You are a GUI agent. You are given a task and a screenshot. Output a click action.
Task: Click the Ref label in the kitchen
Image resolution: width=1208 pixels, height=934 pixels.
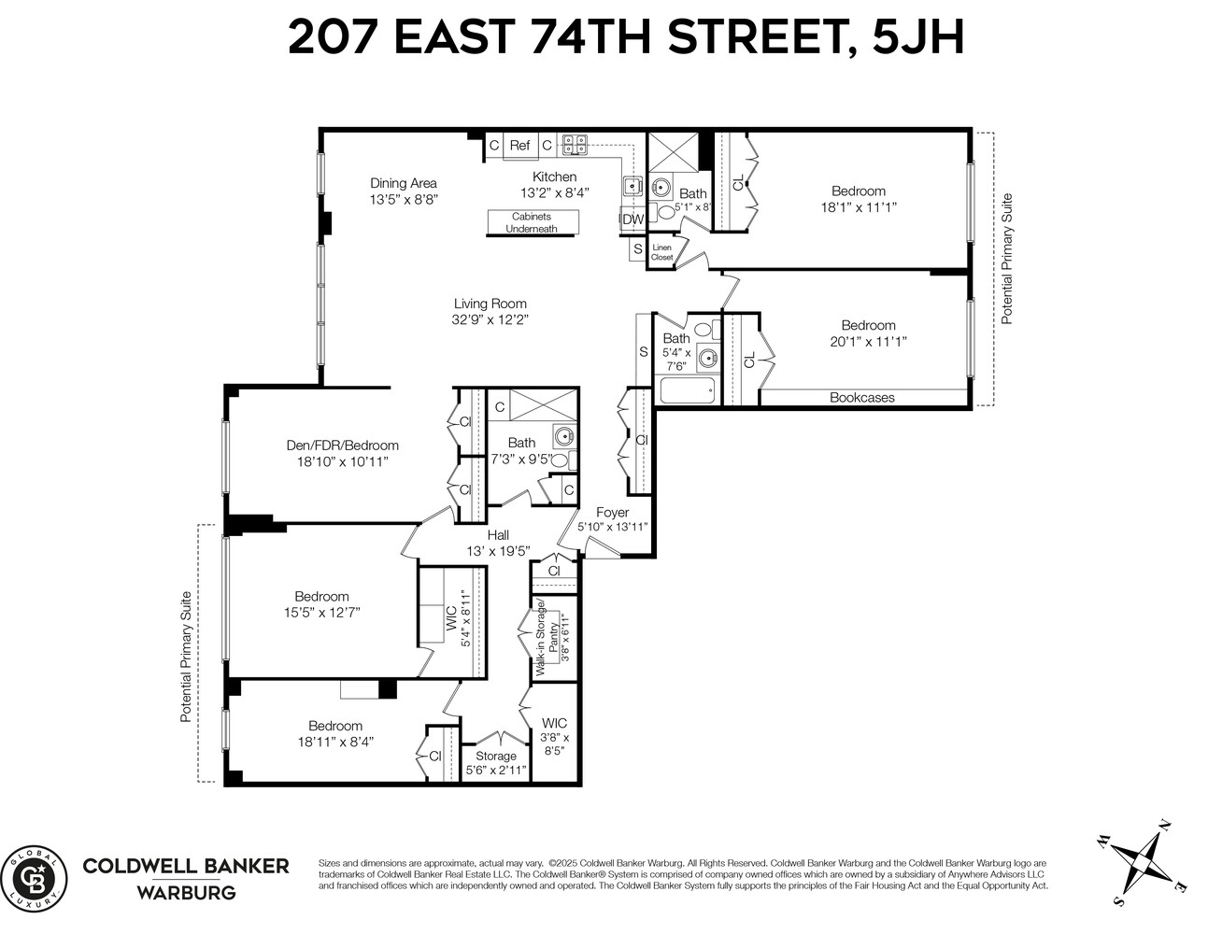[519, 146]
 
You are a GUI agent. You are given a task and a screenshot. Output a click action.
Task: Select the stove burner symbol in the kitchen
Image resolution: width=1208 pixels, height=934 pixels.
[574, 145]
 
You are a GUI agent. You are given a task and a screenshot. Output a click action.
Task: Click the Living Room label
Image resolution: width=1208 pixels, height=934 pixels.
[490, 304]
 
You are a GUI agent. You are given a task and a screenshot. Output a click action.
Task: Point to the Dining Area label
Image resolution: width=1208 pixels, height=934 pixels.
[403, 183]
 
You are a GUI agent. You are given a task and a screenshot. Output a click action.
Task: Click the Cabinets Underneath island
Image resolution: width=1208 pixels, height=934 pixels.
[532, 222]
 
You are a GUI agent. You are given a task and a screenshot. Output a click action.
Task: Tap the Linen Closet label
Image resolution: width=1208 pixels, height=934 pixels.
[661, 252]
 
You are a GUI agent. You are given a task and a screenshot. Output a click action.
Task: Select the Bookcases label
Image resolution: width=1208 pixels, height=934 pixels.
[861, 398]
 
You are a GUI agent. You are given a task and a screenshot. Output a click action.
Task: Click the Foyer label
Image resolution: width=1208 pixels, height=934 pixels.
[612, 512]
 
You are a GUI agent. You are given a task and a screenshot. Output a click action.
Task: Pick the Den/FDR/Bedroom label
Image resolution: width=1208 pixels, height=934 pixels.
[342, 446]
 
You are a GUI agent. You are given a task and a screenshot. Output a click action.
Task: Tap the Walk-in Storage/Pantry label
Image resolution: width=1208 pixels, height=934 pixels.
[546, 636]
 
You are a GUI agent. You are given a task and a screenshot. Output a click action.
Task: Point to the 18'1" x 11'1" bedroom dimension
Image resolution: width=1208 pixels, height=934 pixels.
[858, 207]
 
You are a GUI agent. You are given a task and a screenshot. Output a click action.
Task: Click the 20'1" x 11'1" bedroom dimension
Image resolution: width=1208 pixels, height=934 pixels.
[867, 342]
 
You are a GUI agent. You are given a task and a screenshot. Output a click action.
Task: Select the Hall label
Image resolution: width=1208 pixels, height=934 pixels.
[498, 535]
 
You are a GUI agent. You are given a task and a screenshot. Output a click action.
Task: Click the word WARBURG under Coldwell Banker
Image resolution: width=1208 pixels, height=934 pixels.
[186, 892]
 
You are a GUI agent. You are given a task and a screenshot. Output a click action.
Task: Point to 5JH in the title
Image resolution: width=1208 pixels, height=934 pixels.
[917, 38]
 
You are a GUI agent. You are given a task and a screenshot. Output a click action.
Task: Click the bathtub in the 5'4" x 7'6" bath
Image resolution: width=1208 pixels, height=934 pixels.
[687, 389]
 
